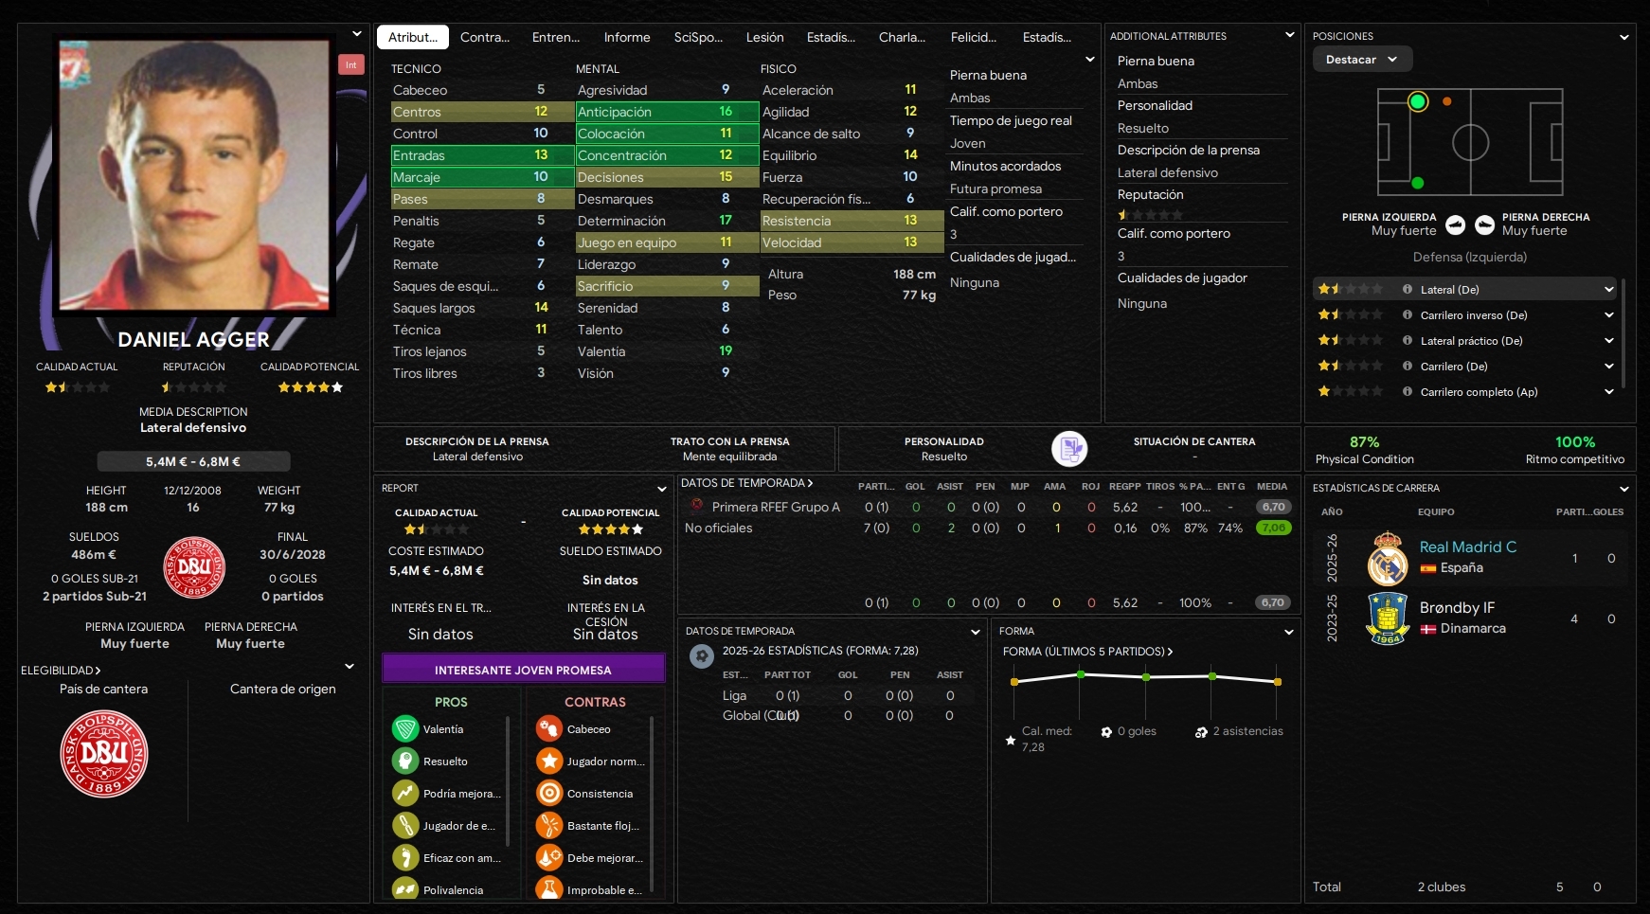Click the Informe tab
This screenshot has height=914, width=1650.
(626, 37)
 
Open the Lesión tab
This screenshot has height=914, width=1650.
(764, 37)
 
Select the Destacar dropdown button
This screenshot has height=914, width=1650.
(1361, 59)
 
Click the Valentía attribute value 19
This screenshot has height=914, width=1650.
(725, 351)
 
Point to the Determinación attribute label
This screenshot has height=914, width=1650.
(620, 221)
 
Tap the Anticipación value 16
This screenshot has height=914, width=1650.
(725, 112)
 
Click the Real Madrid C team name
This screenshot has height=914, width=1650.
(1467, 547)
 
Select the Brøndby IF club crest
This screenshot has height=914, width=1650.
(1388, 618)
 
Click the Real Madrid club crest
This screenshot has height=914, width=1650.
(1388, 558)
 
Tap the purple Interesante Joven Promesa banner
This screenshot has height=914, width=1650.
(523, 670)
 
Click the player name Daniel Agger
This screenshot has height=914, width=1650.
(193, 339)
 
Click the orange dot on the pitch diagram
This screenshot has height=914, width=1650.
(1446, 101)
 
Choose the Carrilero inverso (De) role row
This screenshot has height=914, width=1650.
(1473, 315)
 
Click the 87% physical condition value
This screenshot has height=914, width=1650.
(1364, 442)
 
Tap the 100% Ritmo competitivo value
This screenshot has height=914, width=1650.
(1574, 442)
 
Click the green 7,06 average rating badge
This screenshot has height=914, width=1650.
(1273, 528)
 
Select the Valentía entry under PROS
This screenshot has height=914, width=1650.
(442, 729)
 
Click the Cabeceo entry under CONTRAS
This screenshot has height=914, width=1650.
(588, 729)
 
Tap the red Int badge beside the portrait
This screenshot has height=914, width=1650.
(350, 64)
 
